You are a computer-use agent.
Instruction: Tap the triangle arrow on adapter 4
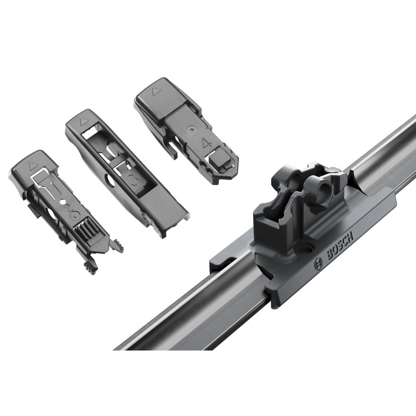pos(154,91)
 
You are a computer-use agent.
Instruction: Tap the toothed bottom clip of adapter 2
pos(90,266)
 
